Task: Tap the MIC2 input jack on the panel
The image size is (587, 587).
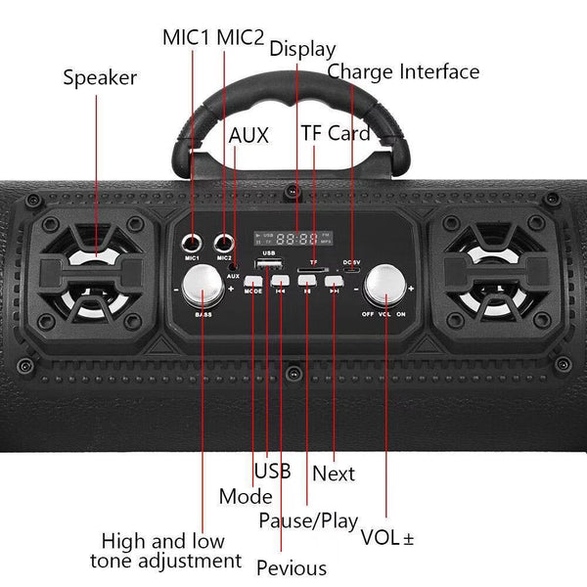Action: click(x=228, y=242)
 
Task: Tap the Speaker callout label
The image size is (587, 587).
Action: click(x=100, y=77)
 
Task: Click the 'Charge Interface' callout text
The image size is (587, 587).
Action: click(x=403, y=71)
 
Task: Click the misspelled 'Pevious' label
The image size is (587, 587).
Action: click(x=292, y=567)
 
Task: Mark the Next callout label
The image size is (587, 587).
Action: click(x=333, y=474)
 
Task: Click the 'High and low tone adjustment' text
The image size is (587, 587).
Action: click(x=165, y=551)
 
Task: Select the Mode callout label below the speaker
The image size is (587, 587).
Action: click(x=246, y=497)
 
